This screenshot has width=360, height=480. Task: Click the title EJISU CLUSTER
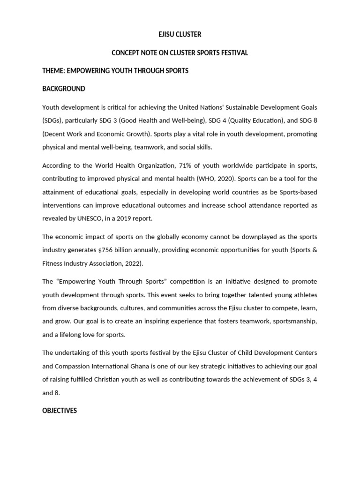(x=180, y=35)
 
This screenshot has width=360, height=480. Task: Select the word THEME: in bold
(x=53, y=71)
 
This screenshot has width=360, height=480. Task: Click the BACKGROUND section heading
(x=64, y=89)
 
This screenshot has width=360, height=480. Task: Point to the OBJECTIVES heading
(x=60, y=411)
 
